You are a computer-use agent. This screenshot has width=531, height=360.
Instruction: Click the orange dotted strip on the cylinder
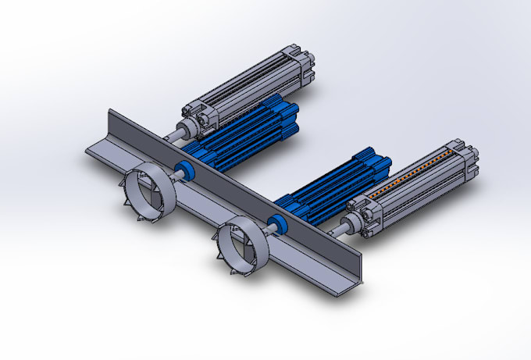pos(414,175)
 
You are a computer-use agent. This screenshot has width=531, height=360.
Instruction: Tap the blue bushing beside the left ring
pos(185,169)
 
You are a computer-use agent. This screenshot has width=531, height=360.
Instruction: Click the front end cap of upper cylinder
pos(195,117)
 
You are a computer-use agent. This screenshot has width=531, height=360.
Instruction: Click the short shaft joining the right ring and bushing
pos(264,230)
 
